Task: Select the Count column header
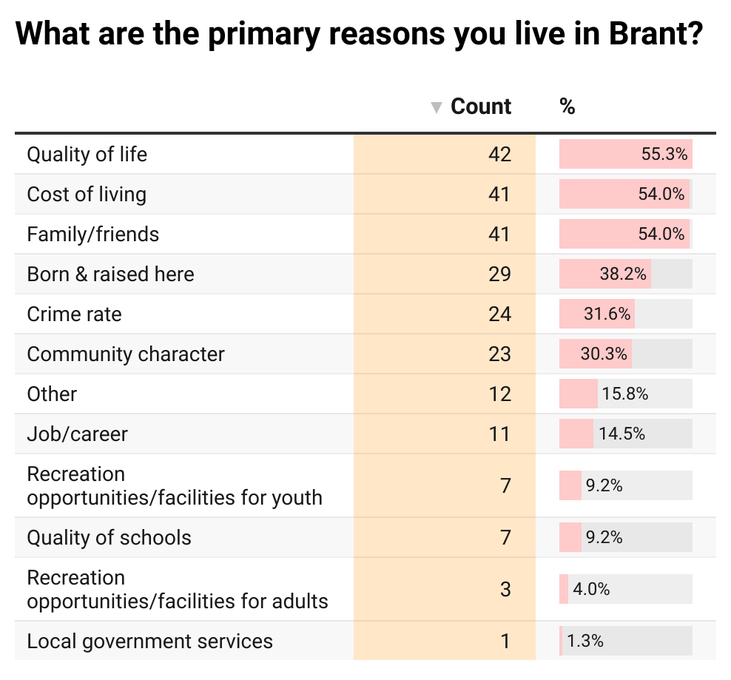[x=481, y=107]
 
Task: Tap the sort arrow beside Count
[x=437, y=108]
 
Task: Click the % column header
[x=567, y=107]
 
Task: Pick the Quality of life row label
[x=87, y=155]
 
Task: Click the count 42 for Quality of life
[x=499, y=155]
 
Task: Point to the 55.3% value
[x=664, y=155]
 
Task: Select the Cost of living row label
[x=87, y=195]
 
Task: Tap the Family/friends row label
[x=93, y=235]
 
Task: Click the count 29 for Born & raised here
[x=499, y=275]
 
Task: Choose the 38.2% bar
[x=605, y=275]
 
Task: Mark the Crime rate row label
[x=74, y=314]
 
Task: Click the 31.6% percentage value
[x=607, y=314]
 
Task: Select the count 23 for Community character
[x=499, y=354]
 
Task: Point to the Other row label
[x=52, y=394]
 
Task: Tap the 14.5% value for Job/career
[x=621, y=434]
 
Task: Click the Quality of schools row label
[x=109, y=538]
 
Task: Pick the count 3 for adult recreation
[x=505, y=590]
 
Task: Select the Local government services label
[x=149, y=642]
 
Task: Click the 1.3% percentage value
[x=585, y=642]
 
